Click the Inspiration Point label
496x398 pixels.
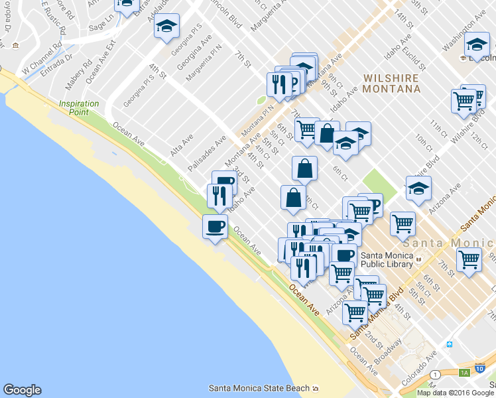click(x=79, y=107)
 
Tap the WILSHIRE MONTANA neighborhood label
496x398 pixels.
click(x=391, y=83)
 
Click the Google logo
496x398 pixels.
click(x=22, y=390)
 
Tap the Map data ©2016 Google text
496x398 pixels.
click(x=456, y=393)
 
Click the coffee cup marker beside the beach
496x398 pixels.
click(x=215, y=228)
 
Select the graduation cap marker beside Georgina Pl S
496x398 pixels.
click(x=167, y=27)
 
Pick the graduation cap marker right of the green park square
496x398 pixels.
click(x=418, y=189)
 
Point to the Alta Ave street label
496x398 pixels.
click(x=182, y=145)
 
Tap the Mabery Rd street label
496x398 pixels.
click(x=77, y=76)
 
